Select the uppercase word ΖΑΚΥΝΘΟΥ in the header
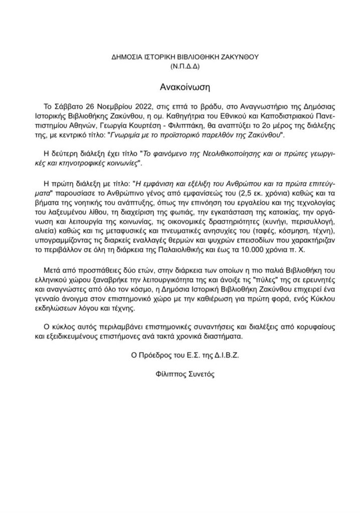[x=236, y=56]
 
